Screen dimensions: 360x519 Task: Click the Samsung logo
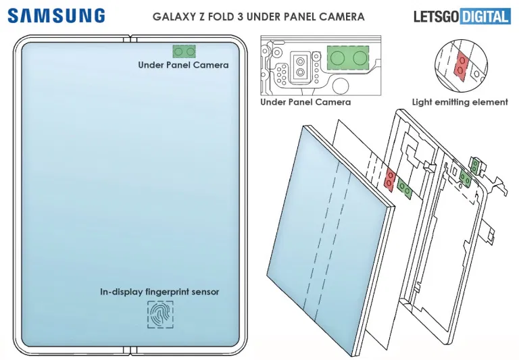tap(57, 16)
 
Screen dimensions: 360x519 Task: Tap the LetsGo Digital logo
tap(462, 16)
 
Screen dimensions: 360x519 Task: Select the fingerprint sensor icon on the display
tap(159, 315)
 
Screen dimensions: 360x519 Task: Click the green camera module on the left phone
tap(184, 51)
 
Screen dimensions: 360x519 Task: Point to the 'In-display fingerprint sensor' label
tap(159, 292)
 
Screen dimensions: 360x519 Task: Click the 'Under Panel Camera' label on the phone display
tap(183, 66)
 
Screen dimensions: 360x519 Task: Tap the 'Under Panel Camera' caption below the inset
tap(305, 102)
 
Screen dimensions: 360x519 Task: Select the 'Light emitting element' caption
tap(460, 102)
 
